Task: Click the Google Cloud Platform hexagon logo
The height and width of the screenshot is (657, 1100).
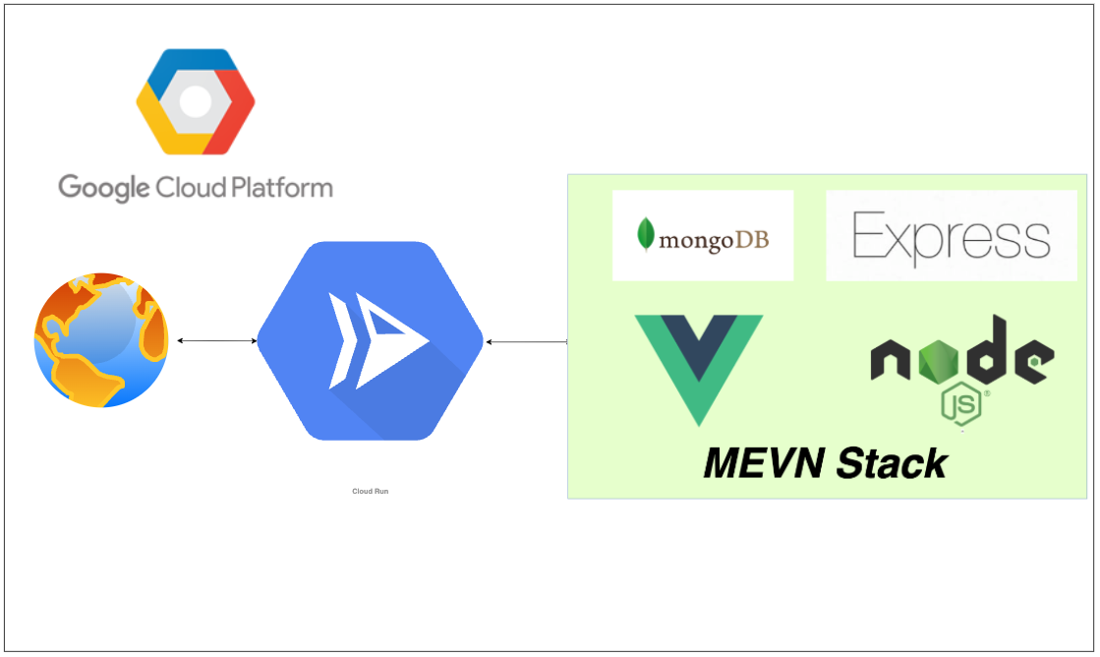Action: point(195,101)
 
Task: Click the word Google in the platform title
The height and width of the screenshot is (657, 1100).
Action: point(102,187)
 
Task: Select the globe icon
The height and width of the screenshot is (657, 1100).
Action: point(101,340)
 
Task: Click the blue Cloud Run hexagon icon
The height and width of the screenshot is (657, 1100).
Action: point(370,340)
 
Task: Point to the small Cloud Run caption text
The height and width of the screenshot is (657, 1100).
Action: point(370,491)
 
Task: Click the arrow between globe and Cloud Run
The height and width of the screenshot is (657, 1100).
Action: point(216,340)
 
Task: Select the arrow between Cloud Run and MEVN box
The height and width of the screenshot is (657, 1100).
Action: point(526,341)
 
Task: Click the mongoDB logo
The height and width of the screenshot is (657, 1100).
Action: point(702,236)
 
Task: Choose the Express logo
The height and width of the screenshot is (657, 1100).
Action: point(951,237)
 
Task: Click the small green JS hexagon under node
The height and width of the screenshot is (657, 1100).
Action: point(960,404)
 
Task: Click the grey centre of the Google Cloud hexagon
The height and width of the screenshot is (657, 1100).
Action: point(195,101)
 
